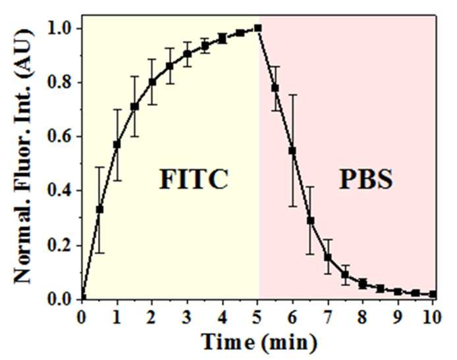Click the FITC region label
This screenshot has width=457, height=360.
click(x=194, y=179)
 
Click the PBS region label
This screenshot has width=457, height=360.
click(x=366, y=179)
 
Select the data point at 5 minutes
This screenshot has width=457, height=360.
click(x=257, y=28)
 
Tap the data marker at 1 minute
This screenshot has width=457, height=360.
click(x=117, y=145)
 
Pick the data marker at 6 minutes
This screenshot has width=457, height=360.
click(x=292, y=151)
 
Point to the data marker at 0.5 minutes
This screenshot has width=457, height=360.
click(x=99, y=209)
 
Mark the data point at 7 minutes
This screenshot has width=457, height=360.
click(x=328, y=257)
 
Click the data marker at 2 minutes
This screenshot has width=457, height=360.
click(x=152, y=82)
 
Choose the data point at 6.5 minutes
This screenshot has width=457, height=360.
click(x=310, y=220)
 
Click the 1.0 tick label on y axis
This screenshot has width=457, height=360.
click(x=60, y=28)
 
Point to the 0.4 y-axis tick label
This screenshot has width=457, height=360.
click(x=60, y=191)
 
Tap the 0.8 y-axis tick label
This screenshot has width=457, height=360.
click(x=60, y=83)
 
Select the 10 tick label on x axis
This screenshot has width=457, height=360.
click(x=433, y=317)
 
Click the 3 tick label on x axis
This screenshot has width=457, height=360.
click(x=187, y=317)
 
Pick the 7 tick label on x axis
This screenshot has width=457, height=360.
click(x=328, y=317)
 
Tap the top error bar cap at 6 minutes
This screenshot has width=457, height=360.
click(x=292, y=95)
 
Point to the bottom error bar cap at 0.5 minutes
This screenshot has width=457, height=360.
click(x=99, y=253)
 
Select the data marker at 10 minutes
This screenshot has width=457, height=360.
click(x=433, y=294)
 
